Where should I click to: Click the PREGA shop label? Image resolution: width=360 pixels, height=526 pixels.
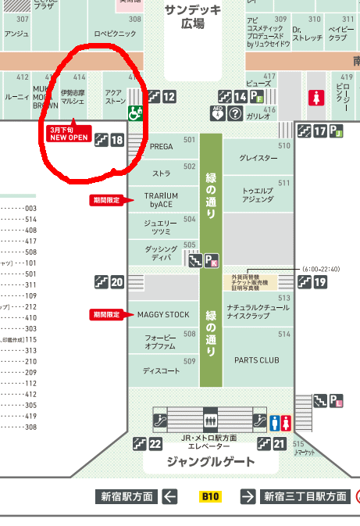pyautogui.click(x=162, y=146)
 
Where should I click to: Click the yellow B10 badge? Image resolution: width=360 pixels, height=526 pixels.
pyautogui.click(x=210, y=496)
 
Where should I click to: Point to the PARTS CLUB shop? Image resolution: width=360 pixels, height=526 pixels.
pyautogui.click(x=257, y=360)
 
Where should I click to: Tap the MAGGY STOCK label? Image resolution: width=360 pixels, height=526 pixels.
pyautogui.click(x=163, y=315)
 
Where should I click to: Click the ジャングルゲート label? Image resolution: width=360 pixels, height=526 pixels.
pyautogui.click(x=211, y=461)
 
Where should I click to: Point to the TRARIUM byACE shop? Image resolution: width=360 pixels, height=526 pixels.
pyautogui.click(x=162, y=200)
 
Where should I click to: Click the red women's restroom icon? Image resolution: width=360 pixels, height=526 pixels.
pyautogui.click(x=315, y=98)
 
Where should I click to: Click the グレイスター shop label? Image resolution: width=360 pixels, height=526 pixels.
pyautogui.click(x=258, y=158)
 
